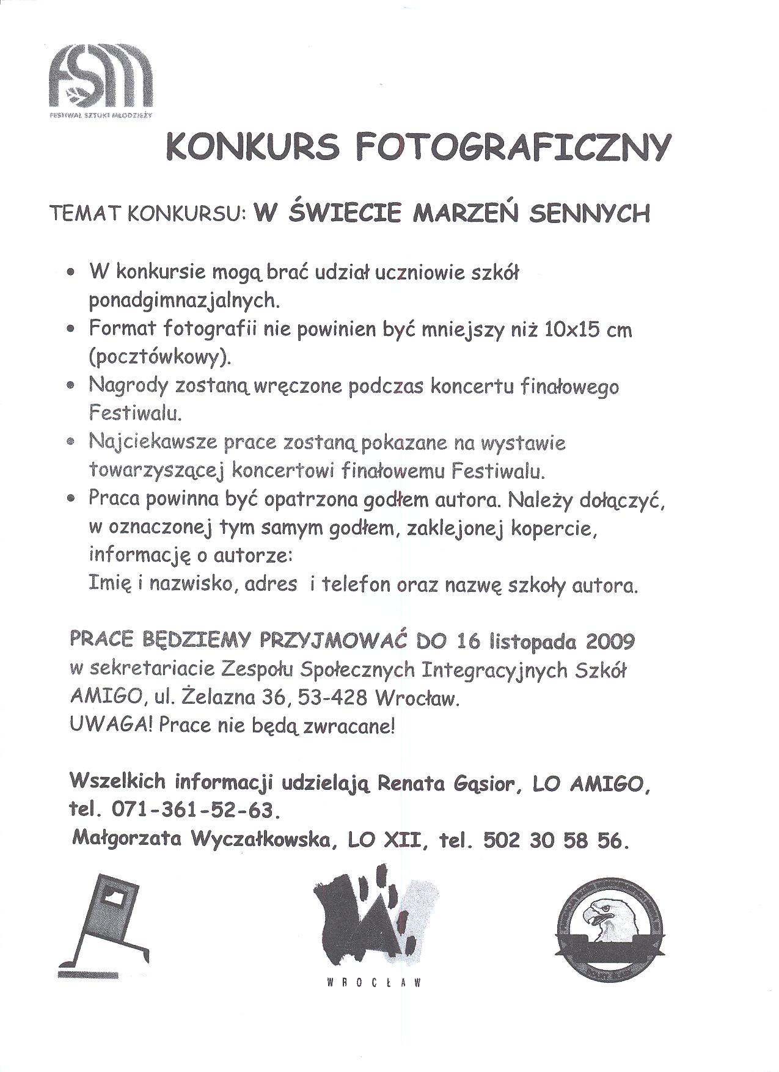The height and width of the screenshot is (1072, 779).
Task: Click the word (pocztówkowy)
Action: coord(160,357)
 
